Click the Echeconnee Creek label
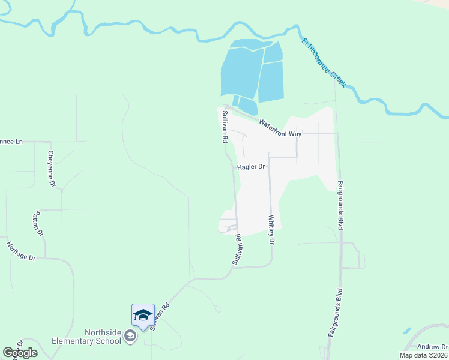pos(324,63)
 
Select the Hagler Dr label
pos(251,167)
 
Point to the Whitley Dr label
pos(271,230)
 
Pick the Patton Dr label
pos(37,223)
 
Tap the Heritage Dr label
pos(21,251)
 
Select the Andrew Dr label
pos(433,346)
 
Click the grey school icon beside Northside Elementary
pos(130,338)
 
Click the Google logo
pos(20,353)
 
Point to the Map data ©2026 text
pos(423,355)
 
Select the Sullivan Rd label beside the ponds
pos(224,126)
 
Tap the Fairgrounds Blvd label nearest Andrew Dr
pos(335,313)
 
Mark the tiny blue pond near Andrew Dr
pos(408,331)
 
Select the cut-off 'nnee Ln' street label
pos(11,142)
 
